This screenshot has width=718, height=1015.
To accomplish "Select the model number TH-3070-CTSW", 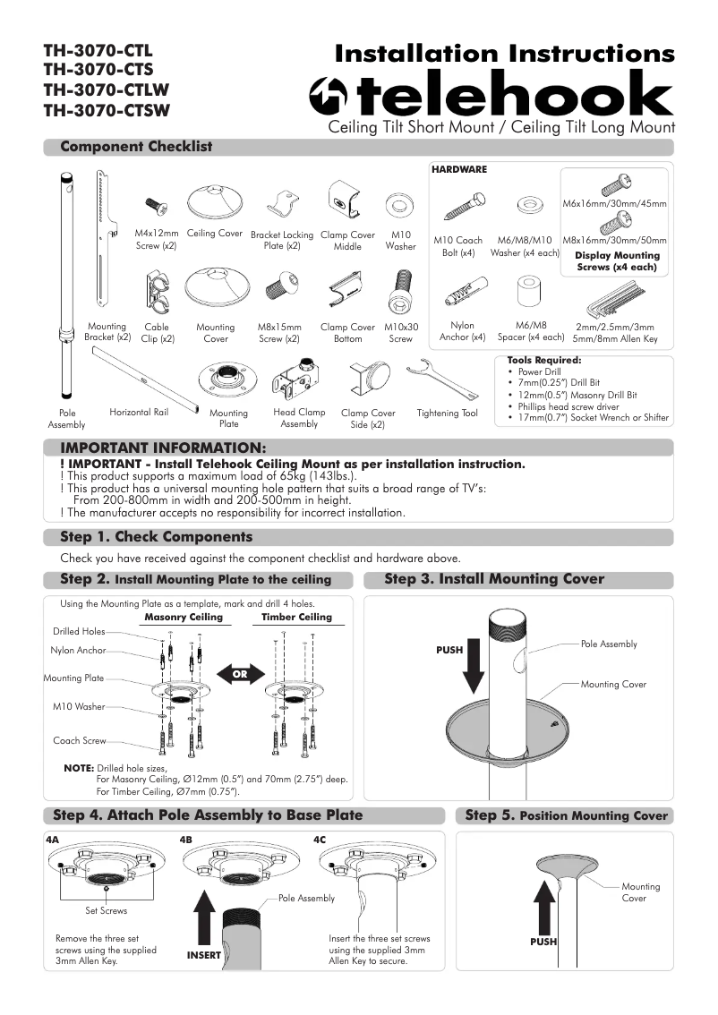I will [x=106, y=111].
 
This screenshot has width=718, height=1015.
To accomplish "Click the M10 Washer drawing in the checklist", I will [x=399, y=205].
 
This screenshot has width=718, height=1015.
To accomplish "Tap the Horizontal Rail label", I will [x=139, y=413].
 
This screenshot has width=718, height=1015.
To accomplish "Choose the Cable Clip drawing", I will [x=157, y=294].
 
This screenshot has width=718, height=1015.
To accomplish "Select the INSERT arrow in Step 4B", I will [x=205, y=922].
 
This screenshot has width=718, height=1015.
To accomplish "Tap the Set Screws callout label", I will [x=106, y=910].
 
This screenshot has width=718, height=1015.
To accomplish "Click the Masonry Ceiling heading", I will [x=183, y=617].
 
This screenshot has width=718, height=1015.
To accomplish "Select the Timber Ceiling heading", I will [x=296, y=617].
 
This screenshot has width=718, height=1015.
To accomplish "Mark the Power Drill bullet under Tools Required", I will [x=538, y=371].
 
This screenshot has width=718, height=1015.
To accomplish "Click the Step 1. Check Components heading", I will [x=156, y=537].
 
